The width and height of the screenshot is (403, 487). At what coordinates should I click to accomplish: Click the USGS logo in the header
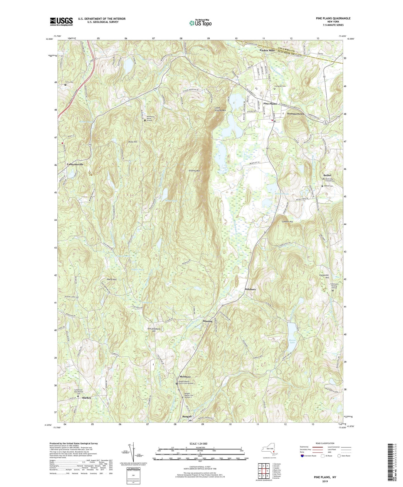point(61,21)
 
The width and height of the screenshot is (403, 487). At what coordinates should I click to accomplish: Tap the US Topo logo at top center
point(200,23)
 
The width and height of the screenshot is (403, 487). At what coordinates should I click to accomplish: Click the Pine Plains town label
point(270,103)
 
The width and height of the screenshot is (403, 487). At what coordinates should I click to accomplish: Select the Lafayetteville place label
point(75,165)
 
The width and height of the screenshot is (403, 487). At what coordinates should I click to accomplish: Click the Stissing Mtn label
point(194,170)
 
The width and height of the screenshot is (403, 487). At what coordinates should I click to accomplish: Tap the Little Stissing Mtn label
point(220,109)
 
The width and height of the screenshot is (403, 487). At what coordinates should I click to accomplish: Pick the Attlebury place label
point(250,290)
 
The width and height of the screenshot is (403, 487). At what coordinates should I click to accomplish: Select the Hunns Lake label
point(293,341)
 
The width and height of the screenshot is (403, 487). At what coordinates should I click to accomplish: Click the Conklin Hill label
point(287,222)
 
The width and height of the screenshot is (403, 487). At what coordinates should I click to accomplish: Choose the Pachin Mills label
point(267,50)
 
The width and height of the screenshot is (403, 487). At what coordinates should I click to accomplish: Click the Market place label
point(86,398)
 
